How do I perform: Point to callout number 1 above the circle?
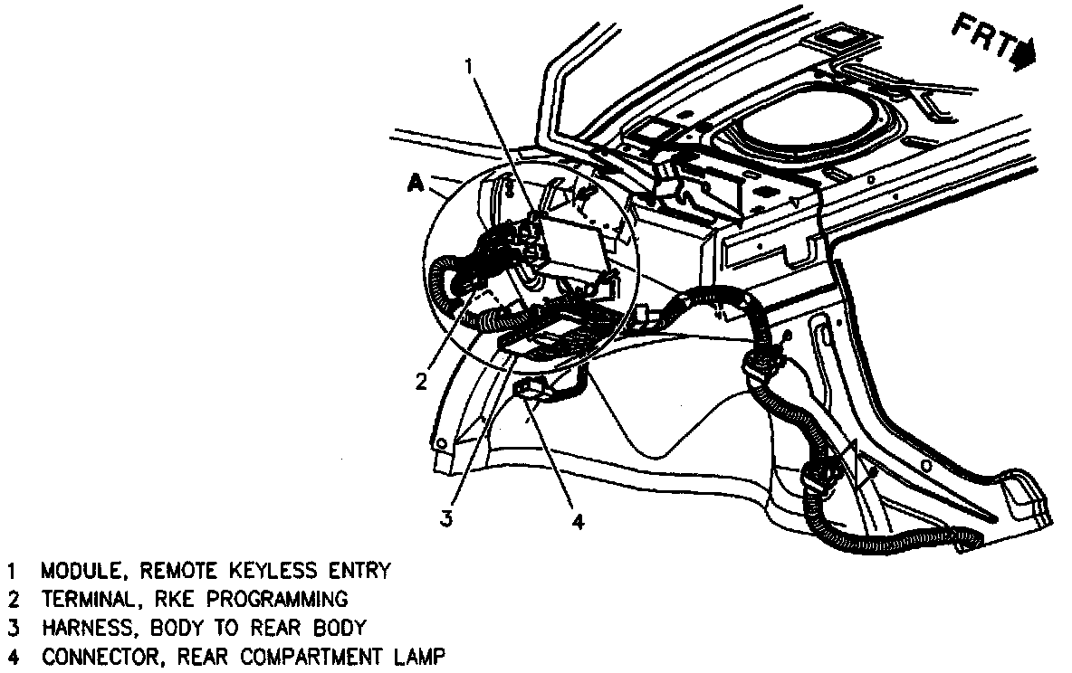click(469, 65)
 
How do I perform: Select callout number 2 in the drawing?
click(421, 381)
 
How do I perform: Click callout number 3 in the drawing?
click(445, 517)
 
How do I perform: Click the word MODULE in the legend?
click(80, 572)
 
